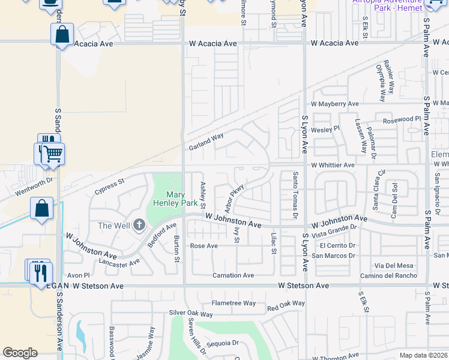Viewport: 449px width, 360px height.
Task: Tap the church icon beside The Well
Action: coord(139,225)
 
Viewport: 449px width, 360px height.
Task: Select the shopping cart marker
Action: coord(53,155)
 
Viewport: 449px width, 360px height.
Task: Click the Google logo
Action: coord(20,353)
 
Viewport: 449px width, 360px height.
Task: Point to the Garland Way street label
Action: coord(206,142)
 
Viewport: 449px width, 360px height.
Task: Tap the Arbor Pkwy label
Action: coord(235,197)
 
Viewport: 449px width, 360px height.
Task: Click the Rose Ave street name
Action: coord(203,246)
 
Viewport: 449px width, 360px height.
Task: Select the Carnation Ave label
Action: coord(234,275)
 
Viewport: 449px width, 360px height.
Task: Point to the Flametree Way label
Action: coord(234,303)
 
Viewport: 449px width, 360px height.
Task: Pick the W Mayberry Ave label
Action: coord(333,104)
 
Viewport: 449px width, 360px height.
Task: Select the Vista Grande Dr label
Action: coord(334,231)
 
